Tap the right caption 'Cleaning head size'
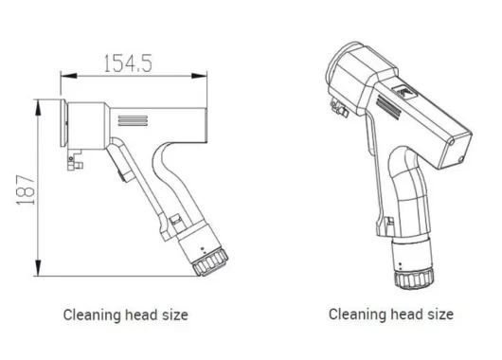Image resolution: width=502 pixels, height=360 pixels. (x=390, y=314)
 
